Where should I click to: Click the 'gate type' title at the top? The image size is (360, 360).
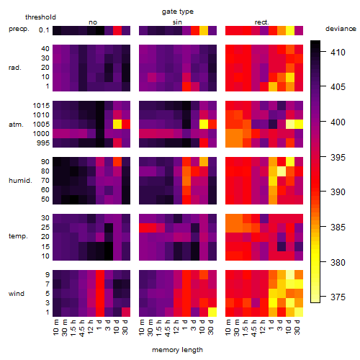178,12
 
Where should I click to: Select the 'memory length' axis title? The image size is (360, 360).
177,350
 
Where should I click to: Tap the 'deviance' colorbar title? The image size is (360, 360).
341,29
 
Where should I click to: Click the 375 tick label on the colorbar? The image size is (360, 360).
338,297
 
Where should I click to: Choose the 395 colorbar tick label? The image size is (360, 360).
338,158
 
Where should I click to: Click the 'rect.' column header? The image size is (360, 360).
261,22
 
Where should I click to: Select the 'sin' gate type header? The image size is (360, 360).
177,22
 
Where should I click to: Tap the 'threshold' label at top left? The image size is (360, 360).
40,17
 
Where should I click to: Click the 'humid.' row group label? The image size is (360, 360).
20,181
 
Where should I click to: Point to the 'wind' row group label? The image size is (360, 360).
17,294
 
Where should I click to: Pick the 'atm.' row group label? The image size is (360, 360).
16,125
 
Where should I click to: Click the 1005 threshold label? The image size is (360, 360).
41,125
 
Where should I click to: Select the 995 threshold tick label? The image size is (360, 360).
43,143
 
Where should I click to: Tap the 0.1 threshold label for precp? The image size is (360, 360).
44,30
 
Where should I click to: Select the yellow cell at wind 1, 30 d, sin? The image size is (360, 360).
212,312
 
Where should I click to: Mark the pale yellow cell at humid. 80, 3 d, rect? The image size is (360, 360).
282,171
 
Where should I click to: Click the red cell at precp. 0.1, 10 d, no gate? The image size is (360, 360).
117,30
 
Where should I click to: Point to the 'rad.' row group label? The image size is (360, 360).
15,68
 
